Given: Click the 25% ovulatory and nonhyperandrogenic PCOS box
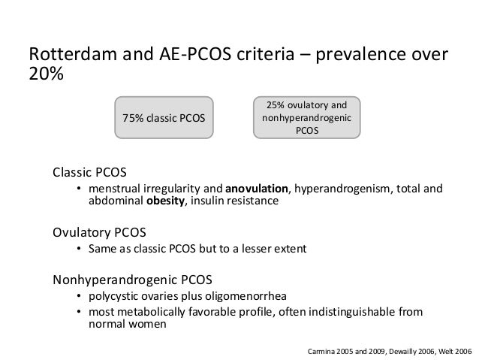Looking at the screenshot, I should click(x=306, y=117).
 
